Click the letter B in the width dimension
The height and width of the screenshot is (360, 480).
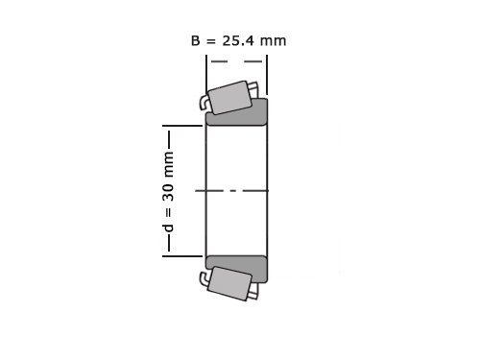[197, 40]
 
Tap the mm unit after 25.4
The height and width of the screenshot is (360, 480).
[274, 40]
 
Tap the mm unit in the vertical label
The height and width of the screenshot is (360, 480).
[169, 162]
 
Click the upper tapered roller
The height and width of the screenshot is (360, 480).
[230, 97]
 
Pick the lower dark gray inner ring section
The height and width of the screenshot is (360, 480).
[237, 268]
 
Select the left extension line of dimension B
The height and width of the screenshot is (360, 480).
[205, 72]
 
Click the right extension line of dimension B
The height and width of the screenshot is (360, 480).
[267, 72]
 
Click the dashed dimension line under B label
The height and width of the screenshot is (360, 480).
[236, 61]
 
